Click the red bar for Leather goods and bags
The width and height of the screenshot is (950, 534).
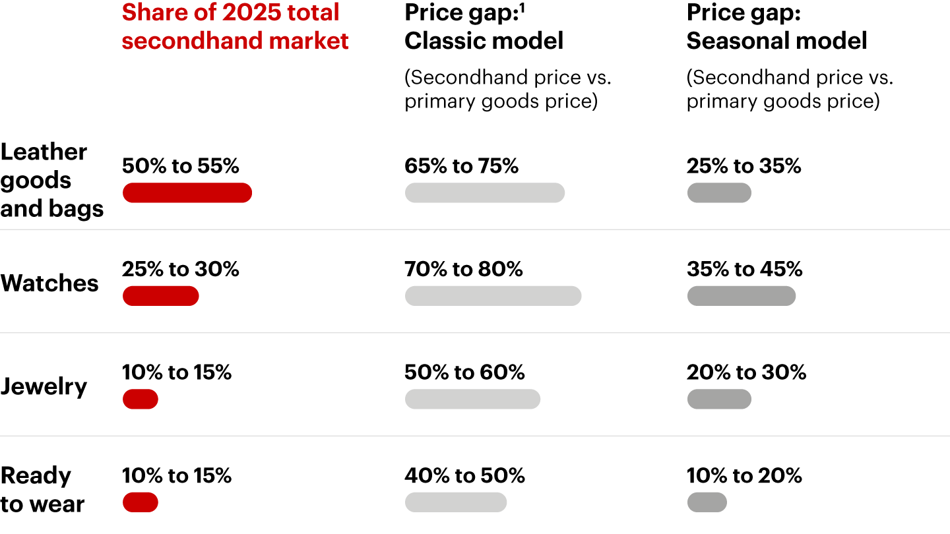click(x=187, y=193)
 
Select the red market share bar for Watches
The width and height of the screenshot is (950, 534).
click(x=160, y=296)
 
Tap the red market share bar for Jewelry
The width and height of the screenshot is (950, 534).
click(x=141, y=399)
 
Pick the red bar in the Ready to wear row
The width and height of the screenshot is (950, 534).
click(x=141, y=502)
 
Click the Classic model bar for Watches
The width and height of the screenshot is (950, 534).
click(x=493, y=296)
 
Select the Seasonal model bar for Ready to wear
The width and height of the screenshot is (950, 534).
click(x=707, y=502)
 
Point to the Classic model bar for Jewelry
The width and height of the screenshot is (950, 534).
click(x=472, y=399)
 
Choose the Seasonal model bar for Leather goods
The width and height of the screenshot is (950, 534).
click(x=719, y=193)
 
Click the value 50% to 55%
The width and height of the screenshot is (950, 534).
click(x=180, y=166)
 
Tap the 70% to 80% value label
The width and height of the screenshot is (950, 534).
click(x=463, y=269)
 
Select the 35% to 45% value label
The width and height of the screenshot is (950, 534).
click(x=744, y=269)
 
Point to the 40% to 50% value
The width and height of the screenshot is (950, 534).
click(x=464, y=475)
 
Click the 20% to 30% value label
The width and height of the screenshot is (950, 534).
click(x=746, y=372)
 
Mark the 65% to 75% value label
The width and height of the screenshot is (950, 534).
click(x=461, y=166)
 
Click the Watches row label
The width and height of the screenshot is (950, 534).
click(x=49, y=283)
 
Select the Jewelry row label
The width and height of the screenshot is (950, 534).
click(x=44, y=386)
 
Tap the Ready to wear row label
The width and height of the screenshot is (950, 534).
click(x=43, y=490)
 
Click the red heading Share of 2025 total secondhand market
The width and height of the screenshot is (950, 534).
click(x=235, y=26)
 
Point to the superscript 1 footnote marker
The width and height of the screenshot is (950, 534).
click(x=523, y=8)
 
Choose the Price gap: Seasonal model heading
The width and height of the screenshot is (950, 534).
click(x=776, y=26)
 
